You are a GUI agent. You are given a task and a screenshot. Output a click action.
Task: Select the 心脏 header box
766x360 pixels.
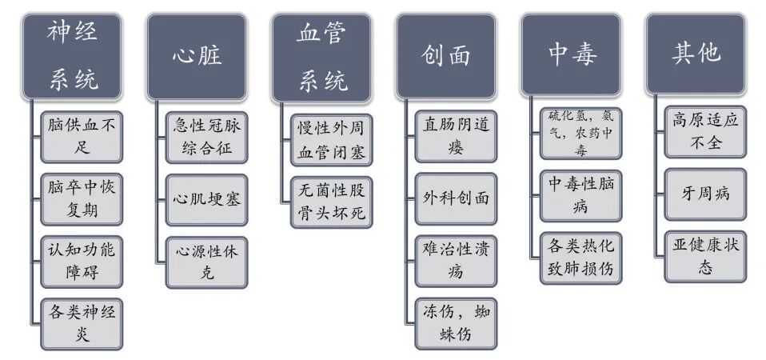click(197, 55)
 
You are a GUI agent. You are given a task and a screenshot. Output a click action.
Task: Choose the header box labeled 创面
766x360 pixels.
click(446, 55)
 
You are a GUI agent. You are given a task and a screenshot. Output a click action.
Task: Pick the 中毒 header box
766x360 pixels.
click(572, 54)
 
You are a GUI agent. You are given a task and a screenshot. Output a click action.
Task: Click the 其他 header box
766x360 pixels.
click(696, 54)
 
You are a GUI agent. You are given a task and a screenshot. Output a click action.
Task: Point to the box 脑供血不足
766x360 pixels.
click(82, 136)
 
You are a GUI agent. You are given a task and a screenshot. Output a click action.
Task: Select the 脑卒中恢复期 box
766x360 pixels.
click(82, 200)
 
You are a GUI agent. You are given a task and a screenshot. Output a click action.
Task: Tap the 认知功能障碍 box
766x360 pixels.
click(82, 261)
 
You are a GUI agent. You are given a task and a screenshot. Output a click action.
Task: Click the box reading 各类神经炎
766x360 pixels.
click(82, 322)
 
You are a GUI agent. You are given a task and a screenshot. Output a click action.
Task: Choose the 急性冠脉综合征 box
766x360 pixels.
click(207, 136)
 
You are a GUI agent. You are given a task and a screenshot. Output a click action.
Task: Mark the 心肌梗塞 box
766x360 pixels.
click(207, 198)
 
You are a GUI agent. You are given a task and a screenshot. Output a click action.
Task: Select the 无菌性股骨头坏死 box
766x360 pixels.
click(332, 204)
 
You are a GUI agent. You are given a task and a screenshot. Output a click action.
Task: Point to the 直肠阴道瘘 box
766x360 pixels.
click(457, 136)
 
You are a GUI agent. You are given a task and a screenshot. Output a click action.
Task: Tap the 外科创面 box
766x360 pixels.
click(457, 198)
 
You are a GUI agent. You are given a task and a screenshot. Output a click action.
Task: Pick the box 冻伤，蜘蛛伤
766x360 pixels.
click(457, 322)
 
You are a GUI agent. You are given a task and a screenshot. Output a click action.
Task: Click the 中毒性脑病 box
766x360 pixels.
click(581, 195)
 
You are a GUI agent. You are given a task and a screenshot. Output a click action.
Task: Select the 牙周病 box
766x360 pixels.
click(705, 194)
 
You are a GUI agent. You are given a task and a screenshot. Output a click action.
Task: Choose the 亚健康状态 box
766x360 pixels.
click(705, 256)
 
